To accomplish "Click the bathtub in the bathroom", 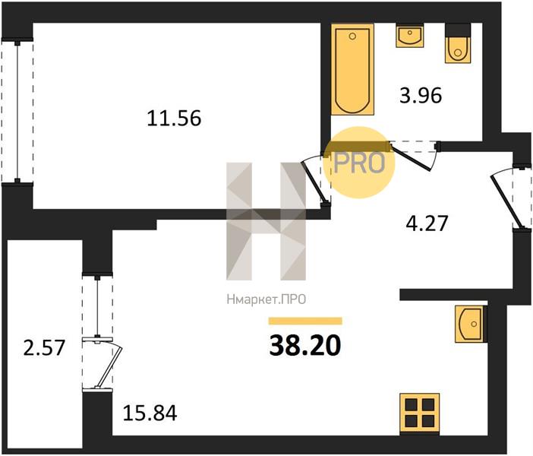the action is [352, 69].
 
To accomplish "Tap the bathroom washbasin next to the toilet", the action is [409, 36].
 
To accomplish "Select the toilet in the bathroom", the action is [458, 43].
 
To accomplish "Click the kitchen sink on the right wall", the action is [471, 324].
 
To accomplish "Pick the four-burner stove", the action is [419, 413].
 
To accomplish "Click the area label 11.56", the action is [174, 119].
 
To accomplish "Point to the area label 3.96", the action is [421, 95].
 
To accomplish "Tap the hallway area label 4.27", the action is [427, 223].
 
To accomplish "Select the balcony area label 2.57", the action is [44, 348].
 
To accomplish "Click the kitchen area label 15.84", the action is [150, 413].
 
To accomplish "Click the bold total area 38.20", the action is [305, 345].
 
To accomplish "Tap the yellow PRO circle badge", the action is [360, 162].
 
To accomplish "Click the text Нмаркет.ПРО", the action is [266, 299].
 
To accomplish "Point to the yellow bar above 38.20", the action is [305, 321].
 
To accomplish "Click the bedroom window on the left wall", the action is [17, 112].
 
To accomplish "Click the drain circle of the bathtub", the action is [352, 36].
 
